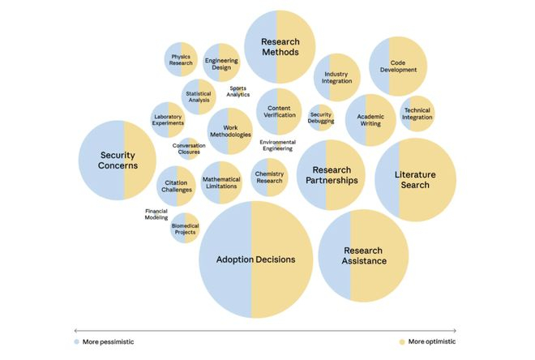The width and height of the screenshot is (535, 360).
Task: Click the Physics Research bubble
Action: [181, 59]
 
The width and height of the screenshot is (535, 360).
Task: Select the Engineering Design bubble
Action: [221, 63]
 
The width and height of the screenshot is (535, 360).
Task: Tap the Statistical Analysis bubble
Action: [199, 96]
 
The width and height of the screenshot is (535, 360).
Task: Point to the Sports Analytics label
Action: [238, 92]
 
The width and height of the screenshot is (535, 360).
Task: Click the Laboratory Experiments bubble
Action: [169, 120]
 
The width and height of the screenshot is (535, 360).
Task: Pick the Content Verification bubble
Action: [279, 111]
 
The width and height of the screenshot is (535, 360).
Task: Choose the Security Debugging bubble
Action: [321, 117]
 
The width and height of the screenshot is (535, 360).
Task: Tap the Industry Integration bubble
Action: [336, 78]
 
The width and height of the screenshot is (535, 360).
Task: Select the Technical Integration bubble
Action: [417, 114]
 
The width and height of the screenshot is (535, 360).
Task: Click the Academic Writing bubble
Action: [370, 120]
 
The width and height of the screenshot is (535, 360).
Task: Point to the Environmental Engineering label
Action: [277, 145]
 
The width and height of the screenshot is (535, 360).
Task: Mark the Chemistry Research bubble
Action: [269, 178]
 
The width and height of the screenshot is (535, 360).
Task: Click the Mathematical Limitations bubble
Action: [220, 182]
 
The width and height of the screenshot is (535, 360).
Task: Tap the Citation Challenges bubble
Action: [176, 186]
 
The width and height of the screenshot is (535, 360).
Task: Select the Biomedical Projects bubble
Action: [185, 229]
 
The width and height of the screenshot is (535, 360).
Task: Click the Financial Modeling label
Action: [156, 214]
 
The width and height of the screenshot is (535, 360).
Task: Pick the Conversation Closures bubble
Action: [188, 149]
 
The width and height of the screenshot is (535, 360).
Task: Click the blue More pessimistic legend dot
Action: [77, 342]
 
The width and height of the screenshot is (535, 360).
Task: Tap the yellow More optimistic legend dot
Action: [403, 342]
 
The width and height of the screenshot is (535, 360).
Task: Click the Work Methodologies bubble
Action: [229, 131]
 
